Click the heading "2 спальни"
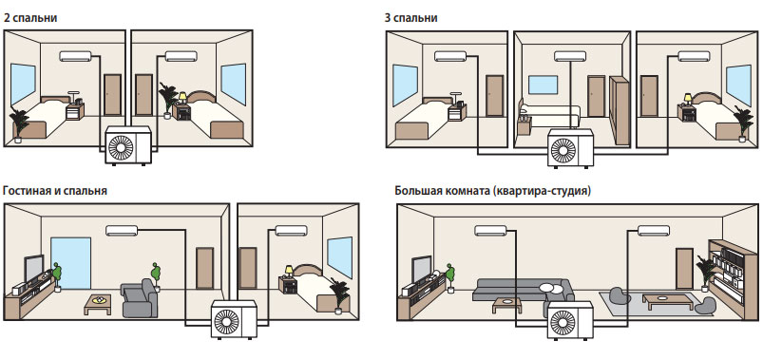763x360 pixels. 30,18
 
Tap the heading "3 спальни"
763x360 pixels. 410,18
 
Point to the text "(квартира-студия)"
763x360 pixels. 542,191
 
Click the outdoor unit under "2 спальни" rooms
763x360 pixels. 128,145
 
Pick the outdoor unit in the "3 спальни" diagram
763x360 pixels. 571,148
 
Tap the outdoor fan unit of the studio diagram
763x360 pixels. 571,319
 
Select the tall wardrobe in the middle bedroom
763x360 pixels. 620,110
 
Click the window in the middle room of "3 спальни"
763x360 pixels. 543,85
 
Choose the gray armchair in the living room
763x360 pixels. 140,298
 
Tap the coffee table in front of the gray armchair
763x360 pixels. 98,304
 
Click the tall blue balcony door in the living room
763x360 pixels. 71,263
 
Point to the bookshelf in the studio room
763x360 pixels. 727,278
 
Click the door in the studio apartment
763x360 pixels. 685,269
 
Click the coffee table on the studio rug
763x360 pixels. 660,299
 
